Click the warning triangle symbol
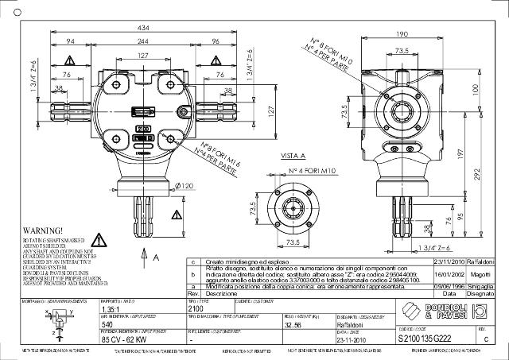coord(101,241)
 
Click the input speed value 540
coord(107,324)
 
